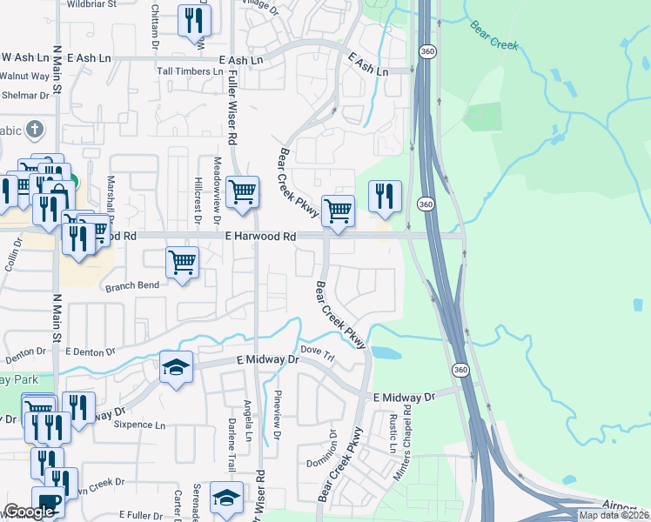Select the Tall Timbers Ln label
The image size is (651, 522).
[184, 71]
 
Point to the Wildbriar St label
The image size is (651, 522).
[97, 4]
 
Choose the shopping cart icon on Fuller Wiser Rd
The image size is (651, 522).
[242, 192]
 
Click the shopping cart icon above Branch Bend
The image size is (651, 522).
[182, 262]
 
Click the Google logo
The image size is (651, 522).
[29, 512]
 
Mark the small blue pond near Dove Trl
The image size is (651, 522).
[385, 353]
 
